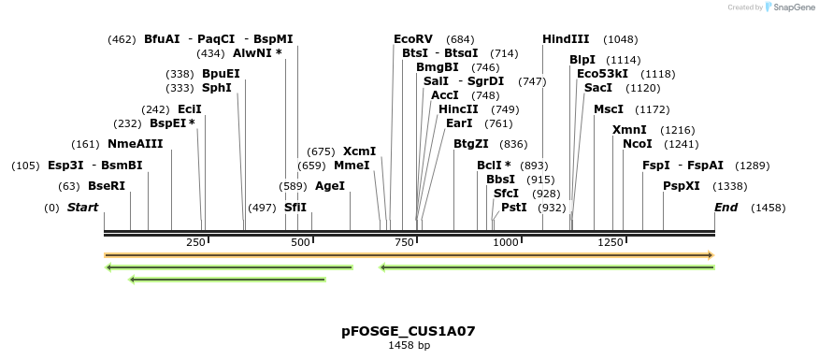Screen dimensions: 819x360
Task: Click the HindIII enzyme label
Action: click(566, 39)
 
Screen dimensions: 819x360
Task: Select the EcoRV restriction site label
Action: click(413, 39)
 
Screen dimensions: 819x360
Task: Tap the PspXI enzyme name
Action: click(682, 186)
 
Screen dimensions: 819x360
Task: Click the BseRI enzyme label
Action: click(107, 186)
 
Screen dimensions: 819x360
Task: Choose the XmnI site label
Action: click(629, 130)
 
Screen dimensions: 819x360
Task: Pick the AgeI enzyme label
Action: click(330, 186)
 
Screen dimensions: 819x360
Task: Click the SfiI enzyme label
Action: click(295, 208)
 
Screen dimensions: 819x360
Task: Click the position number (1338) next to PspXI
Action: click(730, 186)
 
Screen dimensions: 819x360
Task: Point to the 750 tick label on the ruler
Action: click(404, 243)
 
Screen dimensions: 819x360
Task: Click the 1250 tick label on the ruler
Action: click(611, 243)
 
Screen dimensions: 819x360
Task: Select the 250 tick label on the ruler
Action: click(196, 243)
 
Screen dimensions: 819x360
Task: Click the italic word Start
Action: click(82, 208)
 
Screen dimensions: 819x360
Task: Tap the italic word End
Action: click(726, 208)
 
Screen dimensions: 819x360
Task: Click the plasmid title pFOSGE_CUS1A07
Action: click(409, 331)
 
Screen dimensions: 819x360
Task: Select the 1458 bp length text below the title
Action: click(409, 345)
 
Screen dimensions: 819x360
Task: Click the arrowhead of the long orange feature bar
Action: click(711, 255)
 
